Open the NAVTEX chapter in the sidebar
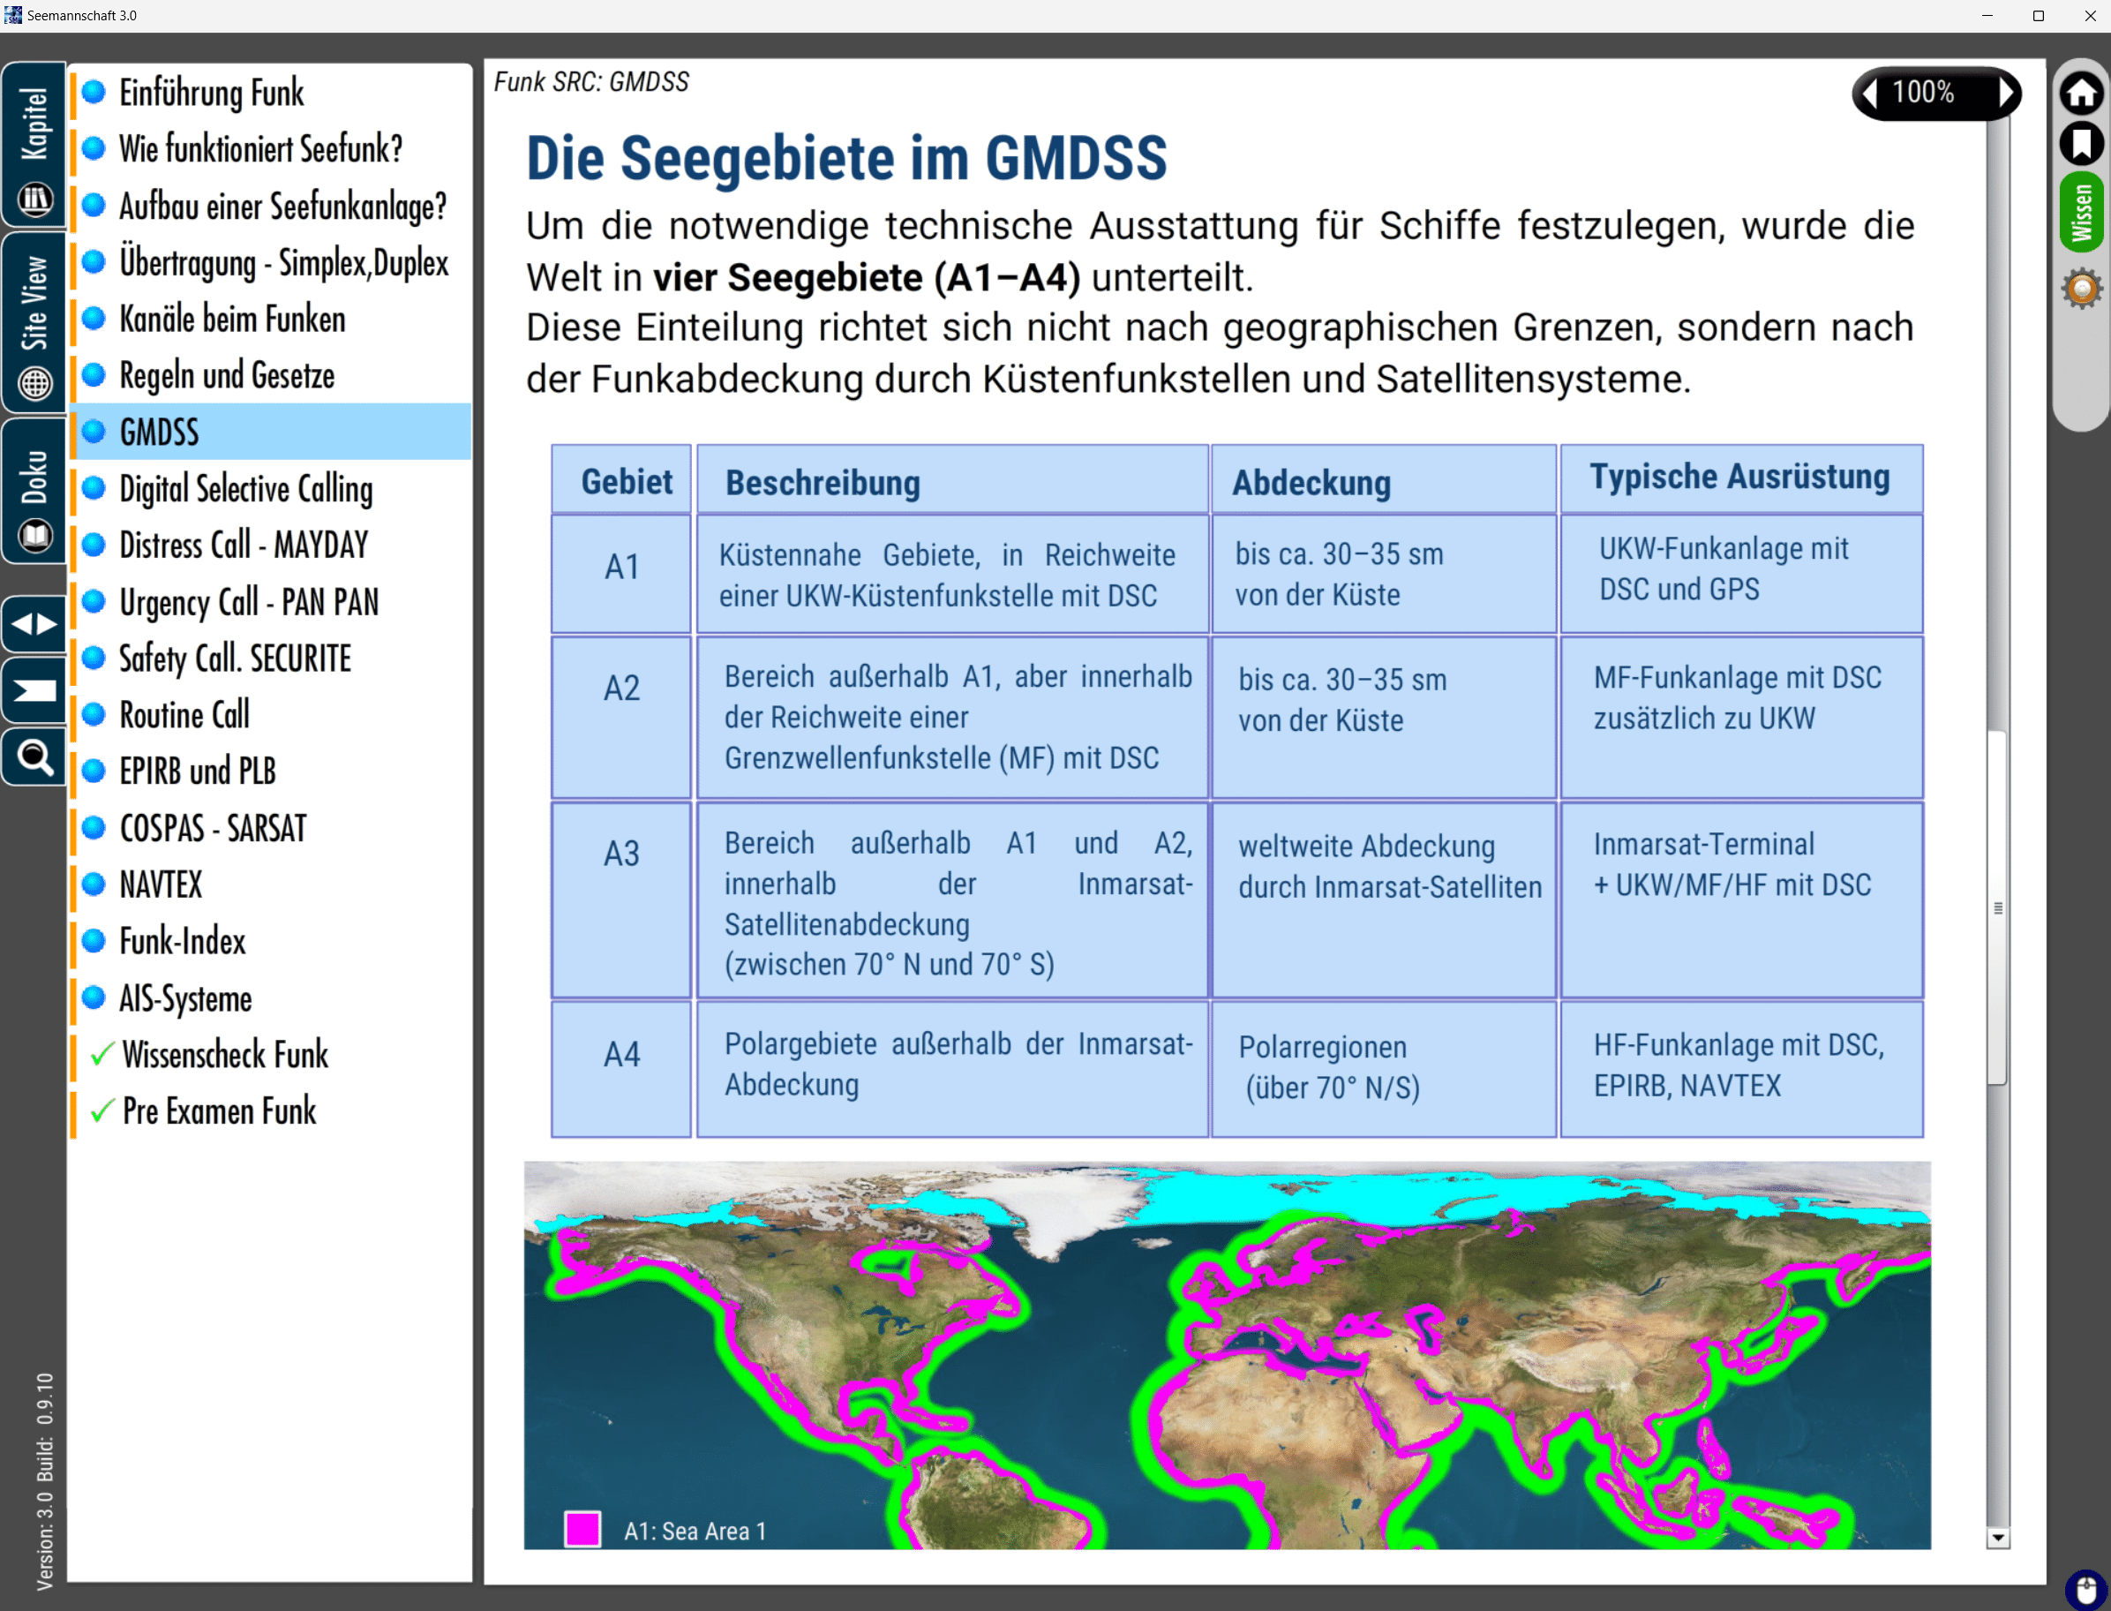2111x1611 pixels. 160,885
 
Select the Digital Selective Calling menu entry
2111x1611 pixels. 245,489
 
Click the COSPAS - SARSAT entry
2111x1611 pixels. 213,827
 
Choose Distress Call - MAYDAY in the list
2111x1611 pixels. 244,545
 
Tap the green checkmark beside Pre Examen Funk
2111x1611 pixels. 102,1111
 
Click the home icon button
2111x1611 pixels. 2081,93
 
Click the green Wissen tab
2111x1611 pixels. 2081,212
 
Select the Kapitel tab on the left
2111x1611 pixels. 34,145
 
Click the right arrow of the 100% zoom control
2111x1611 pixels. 2006,93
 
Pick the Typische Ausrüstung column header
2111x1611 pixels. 1741,478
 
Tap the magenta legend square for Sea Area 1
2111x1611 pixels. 582,1530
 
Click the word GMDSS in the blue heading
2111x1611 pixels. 1076,158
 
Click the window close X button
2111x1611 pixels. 2090,15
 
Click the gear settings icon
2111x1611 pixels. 2081,289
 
